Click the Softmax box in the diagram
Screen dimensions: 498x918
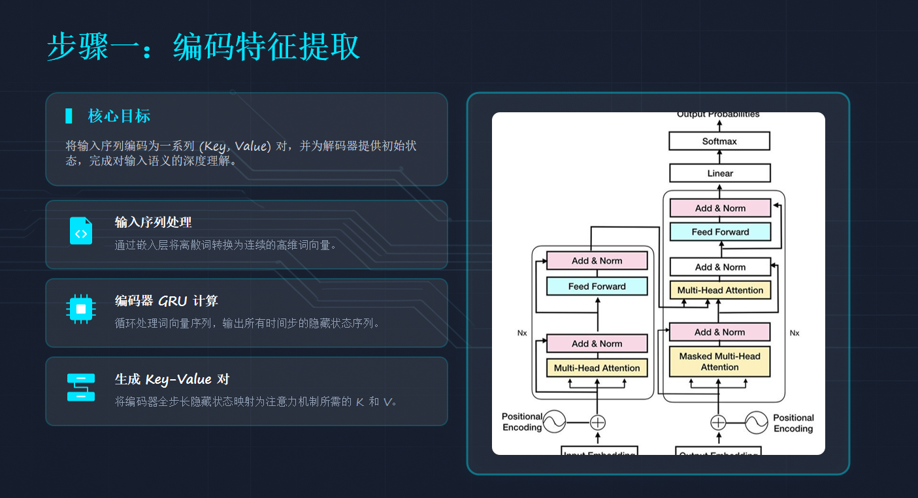pyautogui.click(x=719, y=141)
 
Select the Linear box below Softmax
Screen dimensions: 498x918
pyautogui.click(x=720, y=173)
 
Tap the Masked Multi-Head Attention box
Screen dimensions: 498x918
pyautogui.click(x=719, y=362)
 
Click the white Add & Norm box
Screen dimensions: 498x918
pyautogui.click(x=720, y=267)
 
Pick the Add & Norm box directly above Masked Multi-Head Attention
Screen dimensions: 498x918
pyautogui.click(x=719, y=332)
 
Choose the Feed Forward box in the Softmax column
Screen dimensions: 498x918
pyautogui.click(x=720, y=232)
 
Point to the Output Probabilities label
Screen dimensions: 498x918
pyautogui.click(x=718, y=115)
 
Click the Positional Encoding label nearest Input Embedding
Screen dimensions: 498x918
pyautogui.click(x=522, y=422)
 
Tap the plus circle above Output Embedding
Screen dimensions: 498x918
pyautogui.click(x=718, y=422)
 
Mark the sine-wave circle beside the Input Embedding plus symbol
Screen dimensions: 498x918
pyautogui.click(x=554, y=422)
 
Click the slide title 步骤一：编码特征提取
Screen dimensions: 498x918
pyautogui.click(x=203, y=48)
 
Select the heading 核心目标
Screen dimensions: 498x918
pyautogui.click(x=119, y=116)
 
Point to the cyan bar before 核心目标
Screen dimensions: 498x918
pyautogui.click(x=69, y=116)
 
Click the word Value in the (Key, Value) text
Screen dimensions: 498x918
pyautogui.click(x=250, y=146)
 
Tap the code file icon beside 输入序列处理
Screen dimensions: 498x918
pyautogui.click(x=81, y=231)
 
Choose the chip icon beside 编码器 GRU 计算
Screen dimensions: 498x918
pyautogui.click(x=81, y=309)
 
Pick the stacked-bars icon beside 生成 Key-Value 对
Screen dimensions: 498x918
pyautogui.click(x=81, y=387)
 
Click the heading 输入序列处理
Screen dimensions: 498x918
pyautogui.click(x=153, y=223)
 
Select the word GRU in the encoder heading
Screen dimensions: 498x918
pyautogui.click(x=172, y=301)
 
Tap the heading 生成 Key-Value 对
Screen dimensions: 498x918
pyautogui.click(x=172, y=379)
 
